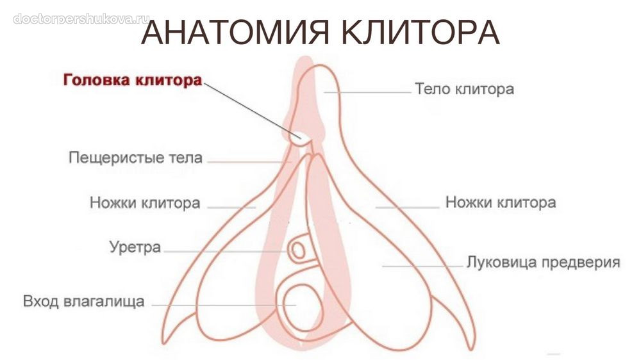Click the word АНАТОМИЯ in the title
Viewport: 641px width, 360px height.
(x=235, y=32)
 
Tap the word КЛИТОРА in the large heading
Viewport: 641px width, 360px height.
(x=420, y=32)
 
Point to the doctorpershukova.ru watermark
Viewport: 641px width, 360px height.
(x=81, y=19)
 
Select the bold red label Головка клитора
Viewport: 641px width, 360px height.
(x=133, y=79)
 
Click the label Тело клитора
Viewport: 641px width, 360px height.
(x=464, y=89)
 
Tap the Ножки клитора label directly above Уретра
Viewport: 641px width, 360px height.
(x=145, y=202)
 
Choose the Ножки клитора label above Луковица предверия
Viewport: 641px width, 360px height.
(x=501, y=202)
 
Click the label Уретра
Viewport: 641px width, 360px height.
(x=135, y=247)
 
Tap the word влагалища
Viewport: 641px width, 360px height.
(x=104, y=302)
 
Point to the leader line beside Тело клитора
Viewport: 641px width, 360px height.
(x=367, y=92)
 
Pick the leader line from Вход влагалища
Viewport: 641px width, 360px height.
(x=224, y=305)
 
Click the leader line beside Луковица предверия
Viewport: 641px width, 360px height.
(x=422, y=266)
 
